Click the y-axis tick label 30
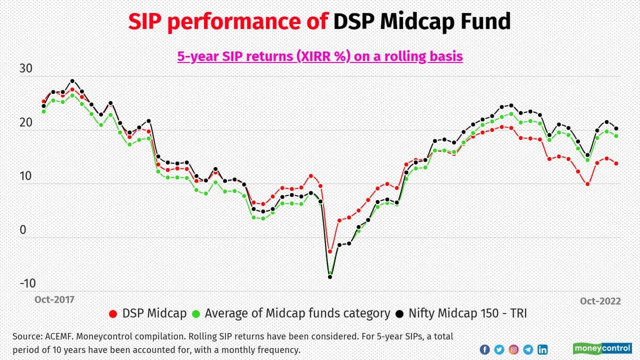[26, 69]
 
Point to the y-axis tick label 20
[26, 122]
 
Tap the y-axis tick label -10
[28, 283]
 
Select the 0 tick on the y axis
[22, 229]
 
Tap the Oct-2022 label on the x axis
[600, 301]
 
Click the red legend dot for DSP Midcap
[113, 314]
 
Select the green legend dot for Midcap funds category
[196, 314]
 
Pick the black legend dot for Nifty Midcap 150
[399, 314]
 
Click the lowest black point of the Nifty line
[330, 276]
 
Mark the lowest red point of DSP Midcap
[330, 251]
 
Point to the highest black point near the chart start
[72, 81]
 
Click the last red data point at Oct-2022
[616, 163]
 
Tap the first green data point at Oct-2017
[43, 111]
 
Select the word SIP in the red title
[145, 22]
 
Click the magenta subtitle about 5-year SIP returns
[320, 56]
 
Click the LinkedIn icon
[542, 349]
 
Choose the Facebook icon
[484, 349]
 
